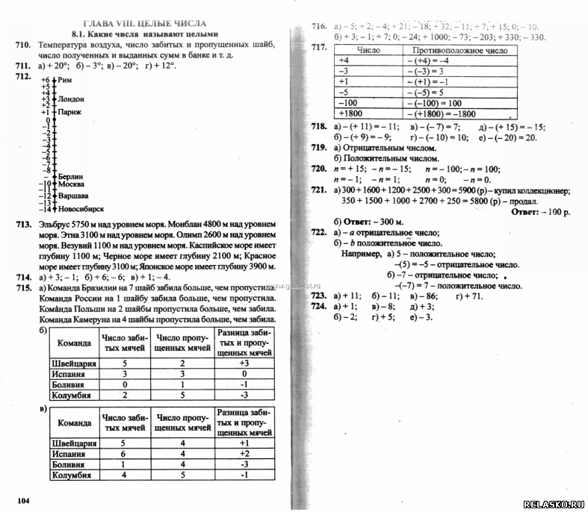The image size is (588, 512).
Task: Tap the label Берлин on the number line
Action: [x=71, y=176]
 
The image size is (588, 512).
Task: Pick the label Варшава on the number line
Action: [x=72, y=196]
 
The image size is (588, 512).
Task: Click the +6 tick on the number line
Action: [x=45, y=80]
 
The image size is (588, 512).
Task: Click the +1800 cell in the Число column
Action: [x=351, y=113]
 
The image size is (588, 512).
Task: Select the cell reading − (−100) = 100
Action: [x=435, y=103]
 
